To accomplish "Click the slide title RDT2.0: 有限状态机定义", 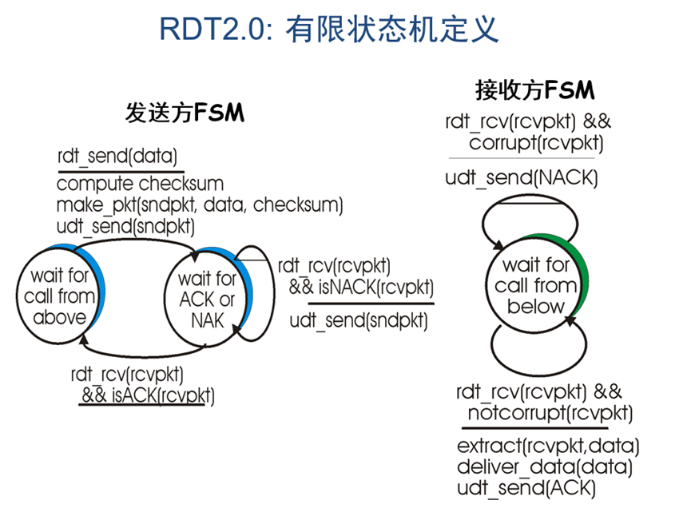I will coord(329,30).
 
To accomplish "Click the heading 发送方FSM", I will coord(185,113).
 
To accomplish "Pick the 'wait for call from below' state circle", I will coord(534,285).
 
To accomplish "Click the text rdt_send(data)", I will coord(117,156).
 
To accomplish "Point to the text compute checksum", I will coord(140,184).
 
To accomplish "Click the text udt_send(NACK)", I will coord(521,178).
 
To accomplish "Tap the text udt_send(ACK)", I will coord(526,486).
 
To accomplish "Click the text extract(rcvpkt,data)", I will coord(548,445).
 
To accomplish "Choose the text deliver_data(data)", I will coord(545,466).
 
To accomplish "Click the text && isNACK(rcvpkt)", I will coord(361,286).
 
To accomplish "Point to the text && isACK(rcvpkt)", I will coord(148,395).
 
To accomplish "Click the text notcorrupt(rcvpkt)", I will coord(550,413).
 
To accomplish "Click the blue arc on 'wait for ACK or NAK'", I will coord(248,288).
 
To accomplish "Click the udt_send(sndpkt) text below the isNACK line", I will coord(358,322).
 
